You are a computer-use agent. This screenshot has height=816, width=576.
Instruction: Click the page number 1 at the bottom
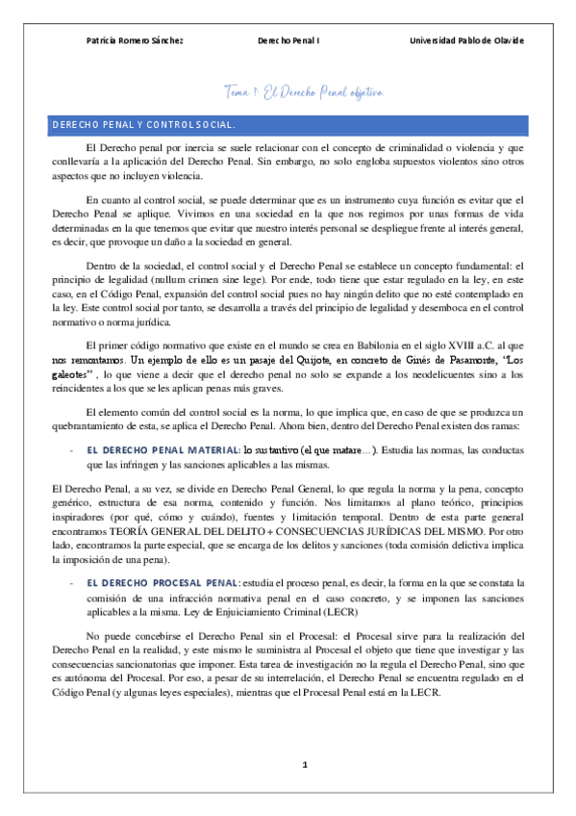click(x=304, y=765)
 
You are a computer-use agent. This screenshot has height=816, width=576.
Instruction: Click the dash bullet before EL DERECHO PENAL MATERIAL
click(x=73, y=450)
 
